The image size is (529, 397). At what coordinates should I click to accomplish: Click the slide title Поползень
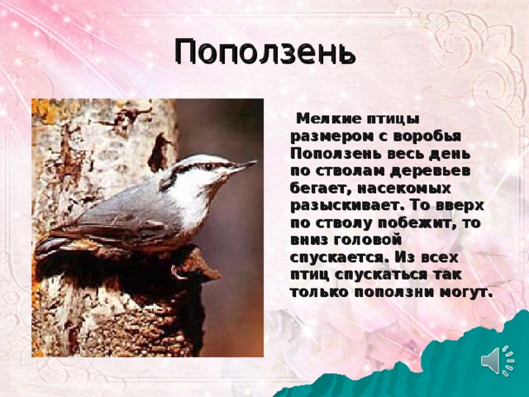265,51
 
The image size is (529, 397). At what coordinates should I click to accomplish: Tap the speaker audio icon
498,361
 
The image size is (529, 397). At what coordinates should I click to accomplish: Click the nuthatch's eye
208,166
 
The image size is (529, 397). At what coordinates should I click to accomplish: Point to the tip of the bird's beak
258,161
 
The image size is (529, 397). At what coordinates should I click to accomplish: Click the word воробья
427,136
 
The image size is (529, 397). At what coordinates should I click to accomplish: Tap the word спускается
337,257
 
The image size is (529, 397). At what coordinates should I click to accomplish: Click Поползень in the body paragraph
336,153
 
